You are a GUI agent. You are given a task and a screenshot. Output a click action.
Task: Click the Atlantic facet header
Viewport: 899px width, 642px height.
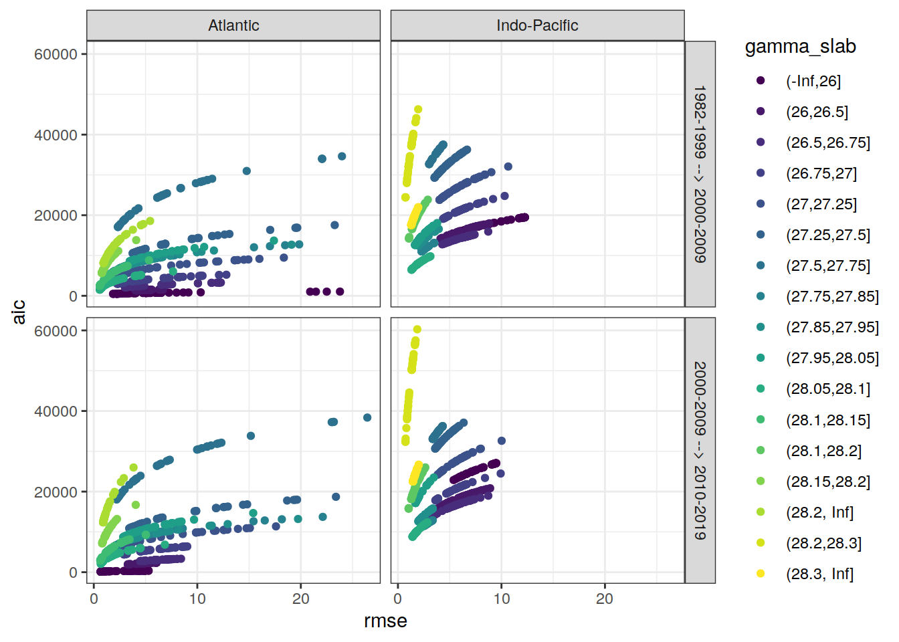(233, 25)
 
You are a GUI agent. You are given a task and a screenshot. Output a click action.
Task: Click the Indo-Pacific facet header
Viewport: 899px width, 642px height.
(537, 25)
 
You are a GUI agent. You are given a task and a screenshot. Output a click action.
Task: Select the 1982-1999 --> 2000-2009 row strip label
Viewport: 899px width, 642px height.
(700, 174)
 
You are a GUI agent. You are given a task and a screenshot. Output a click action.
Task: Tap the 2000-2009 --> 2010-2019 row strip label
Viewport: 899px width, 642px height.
(700, 451)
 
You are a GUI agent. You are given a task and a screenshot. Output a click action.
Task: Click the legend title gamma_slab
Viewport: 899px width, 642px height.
(800, 46)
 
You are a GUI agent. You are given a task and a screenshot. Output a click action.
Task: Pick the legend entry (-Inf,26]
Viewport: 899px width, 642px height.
(813, 81)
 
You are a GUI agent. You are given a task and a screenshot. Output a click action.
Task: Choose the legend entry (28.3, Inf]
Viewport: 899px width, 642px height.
(819, 574)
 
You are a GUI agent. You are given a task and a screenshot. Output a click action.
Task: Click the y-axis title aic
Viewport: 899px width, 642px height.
(19, 312)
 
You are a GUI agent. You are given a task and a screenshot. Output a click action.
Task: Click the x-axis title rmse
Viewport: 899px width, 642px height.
(385, 621)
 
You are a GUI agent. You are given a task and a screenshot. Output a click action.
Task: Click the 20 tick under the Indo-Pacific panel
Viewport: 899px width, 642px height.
(604, 599)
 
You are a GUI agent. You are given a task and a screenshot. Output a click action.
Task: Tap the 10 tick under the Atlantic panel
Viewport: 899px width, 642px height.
(197, 599)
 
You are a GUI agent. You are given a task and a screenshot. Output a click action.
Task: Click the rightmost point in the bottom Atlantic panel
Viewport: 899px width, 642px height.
(367, 418)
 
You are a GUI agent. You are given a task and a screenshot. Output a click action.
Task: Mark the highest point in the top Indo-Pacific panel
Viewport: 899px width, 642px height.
(418, 110)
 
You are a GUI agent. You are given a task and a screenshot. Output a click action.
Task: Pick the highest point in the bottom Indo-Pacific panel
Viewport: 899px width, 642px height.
(417, 329)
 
